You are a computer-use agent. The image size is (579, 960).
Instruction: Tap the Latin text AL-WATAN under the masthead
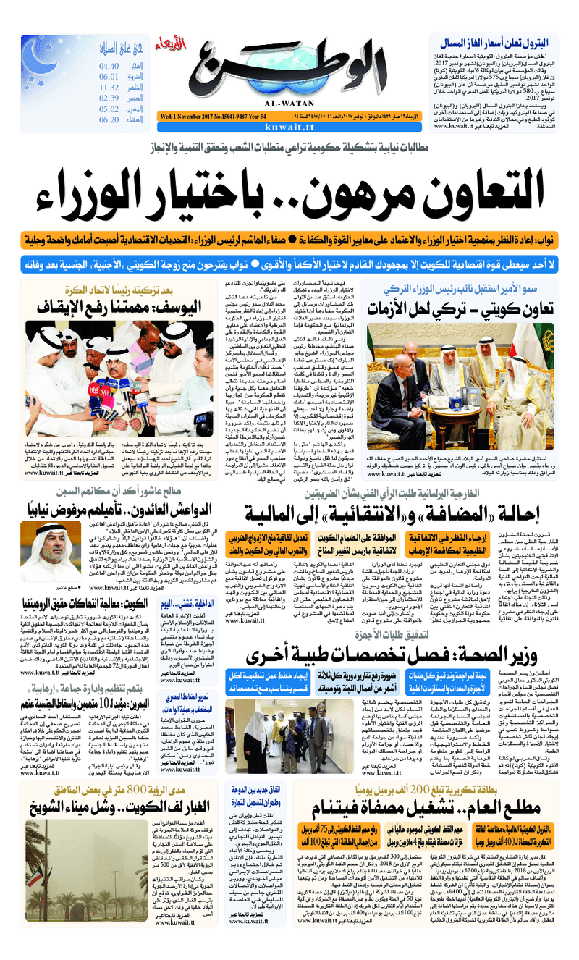click(x=289, y=101)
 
